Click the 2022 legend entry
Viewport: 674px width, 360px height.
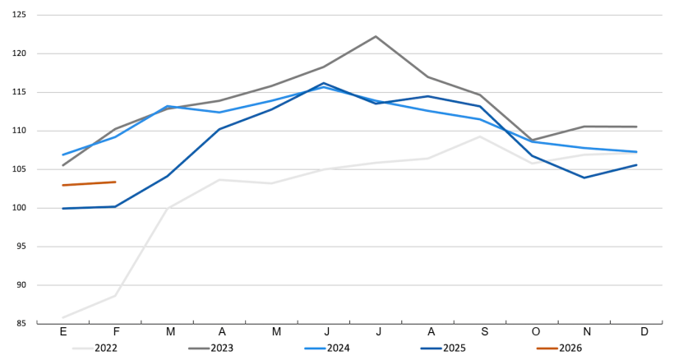pyautogui.click(x=105, y=348)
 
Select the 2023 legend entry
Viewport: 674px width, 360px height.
pyautogui.click(x=221, y=348)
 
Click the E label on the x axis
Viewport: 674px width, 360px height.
pyautogui.click(x=63, y=331)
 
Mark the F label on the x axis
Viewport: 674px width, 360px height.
pyautogui.click(x=115, y=331)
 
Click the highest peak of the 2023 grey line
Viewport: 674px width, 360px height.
pyautogui.click(x=376, y=36)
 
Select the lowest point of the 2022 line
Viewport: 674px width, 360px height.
pyautogui.click(x=63, y=317)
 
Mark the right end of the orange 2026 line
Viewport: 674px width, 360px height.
pyautogui.click(x=115, y=182)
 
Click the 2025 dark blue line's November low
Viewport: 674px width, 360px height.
pyautogui.click(x=584, y=178)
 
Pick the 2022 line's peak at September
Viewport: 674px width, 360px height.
pyautogui.click(x=480, y=136)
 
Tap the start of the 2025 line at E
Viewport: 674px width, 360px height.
pyautogui.click(x=63, y=208)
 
